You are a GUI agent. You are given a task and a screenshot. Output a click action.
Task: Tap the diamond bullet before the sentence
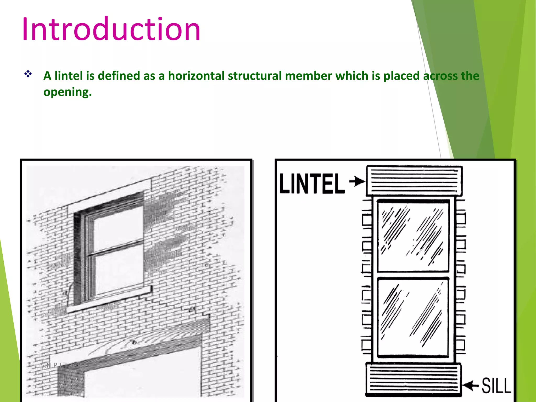[x=28, y=74]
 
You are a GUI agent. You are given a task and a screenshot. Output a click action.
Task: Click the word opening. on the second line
[x=68, y=92]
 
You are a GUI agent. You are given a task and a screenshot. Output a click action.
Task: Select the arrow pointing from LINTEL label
[x=357, y=181]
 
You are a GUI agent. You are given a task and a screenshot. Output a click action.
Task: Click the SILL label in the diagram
[x=496, y=385]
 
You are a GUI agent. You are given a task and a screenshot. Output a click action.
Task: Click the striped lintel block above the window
[x=414, y=181]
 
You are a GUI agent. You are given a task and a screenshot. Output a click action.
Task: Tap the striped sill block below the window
[x=413, y=379]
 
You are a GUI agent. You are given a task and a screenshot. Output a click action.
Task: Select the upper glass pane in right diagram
[x=413, y=236]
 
